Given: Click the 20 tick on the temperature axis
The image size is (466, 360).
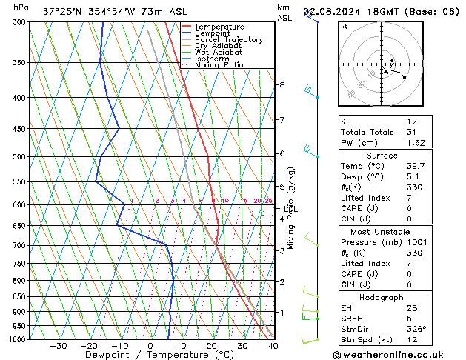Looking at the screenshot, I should tap(212, 346).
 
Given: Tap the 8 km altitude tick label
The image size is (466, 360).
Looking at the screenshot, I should tap(282, 85).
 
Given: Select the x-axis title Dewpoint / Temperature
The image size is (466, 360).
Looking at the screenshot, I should tap(150, 355).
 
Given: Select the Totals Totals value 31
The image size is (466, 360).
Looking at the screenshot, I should tap(411, 132).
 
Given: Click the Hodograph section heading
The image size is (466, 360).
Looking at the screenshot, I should tap(382, 297).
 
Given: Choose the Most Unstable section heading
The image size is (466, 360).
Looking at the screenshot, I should tap(382, 232).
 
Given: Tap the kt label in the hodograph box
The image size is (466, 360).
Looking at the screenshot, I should tap(344, 27).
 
